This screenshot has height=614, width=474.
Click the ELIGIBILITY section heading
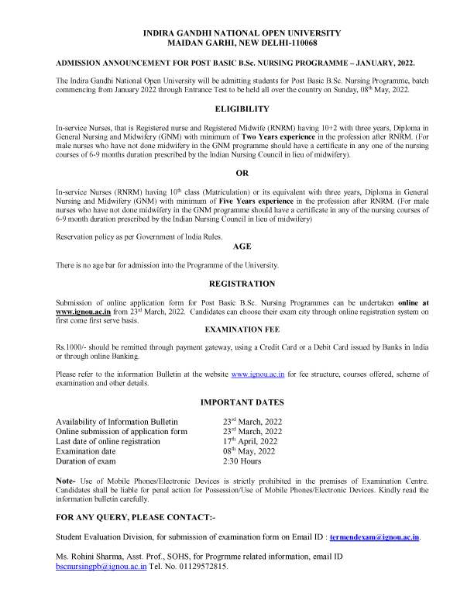(242, 109)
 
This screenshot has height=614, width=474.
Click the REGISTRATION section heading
(242, 285)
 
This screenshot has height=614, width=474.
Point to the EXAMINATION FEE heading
(242, 329)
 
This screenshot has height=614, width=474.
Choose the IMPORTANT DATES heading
(242, 402)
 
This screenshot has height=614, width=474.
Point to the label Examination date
(86, 451)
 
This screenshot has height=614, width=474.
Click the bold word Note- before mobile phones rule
(65, 481)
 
